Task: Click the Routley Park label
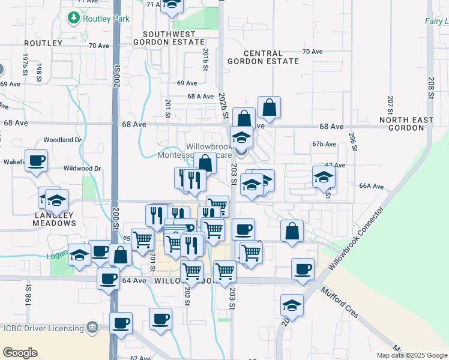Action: pos(106,19)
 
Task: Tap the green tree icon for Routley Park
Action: pos(74,18)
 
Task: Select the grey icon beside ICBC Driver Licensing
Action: pos(92,328)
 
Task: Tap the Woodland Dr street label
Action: pos(62,140)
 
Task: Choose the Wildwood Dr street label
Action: pos(80,168)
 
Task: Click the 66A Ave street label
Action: pos(371,186)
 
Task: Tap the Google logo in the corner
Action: pos(20,353)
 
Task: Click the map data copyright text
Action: pos(412,355)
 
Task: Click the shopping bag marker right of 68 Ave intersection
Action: pos(270,108)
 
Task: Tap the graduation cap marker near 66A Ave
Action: pos(324,177)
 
